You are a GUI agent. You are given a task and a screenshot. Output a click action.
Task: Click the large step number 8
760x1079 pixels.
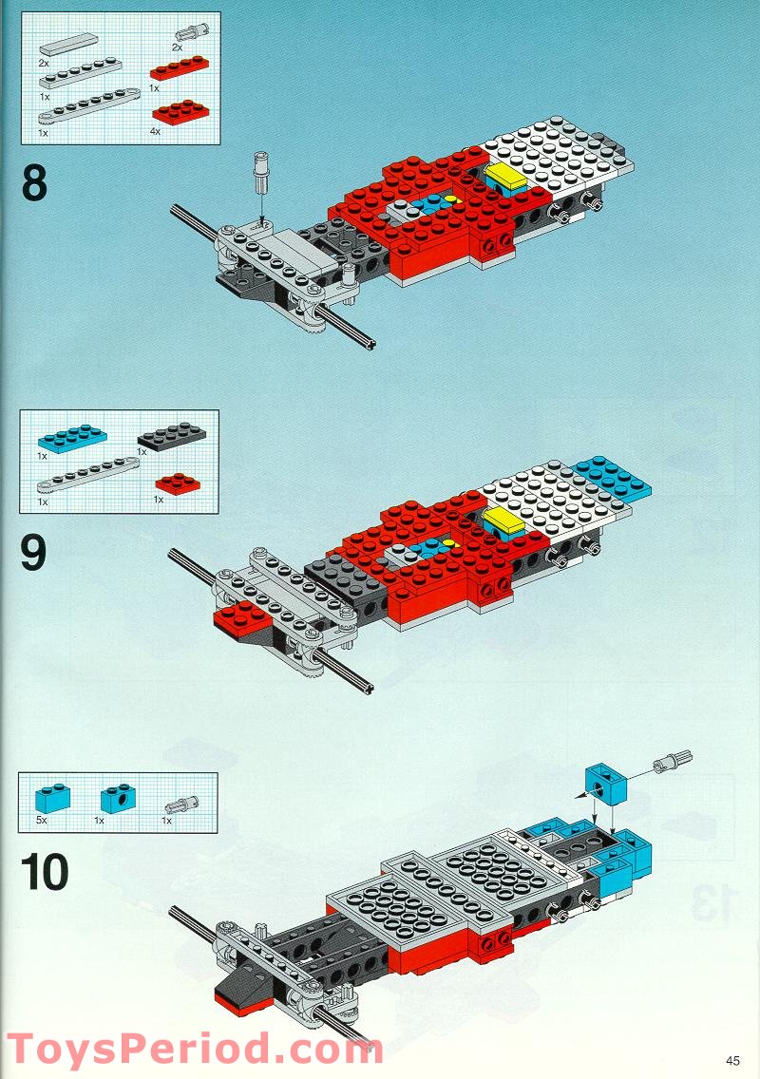pos(34,183)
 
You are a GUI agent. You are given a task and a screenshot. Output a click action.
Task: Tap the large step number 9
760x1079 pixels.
pos(33,554)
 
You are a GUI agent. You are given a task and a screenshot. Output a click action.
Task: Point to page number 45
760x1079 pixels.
pos(731,1061)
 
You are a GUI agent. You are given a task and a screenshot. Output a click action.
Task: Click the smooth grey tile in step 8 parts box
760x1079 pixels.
pos(69,43)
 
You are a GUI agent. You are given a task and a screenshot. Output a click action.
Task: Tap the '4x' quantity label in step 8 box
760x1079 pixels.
pos(156,132)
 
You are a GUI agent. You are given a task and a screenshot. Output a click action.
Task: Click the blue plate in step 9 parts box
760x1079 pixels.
pos(72,439)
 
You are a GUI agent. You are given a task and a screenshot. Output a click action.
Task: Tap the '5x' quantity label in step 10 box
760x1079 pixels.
pos(42,820)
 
